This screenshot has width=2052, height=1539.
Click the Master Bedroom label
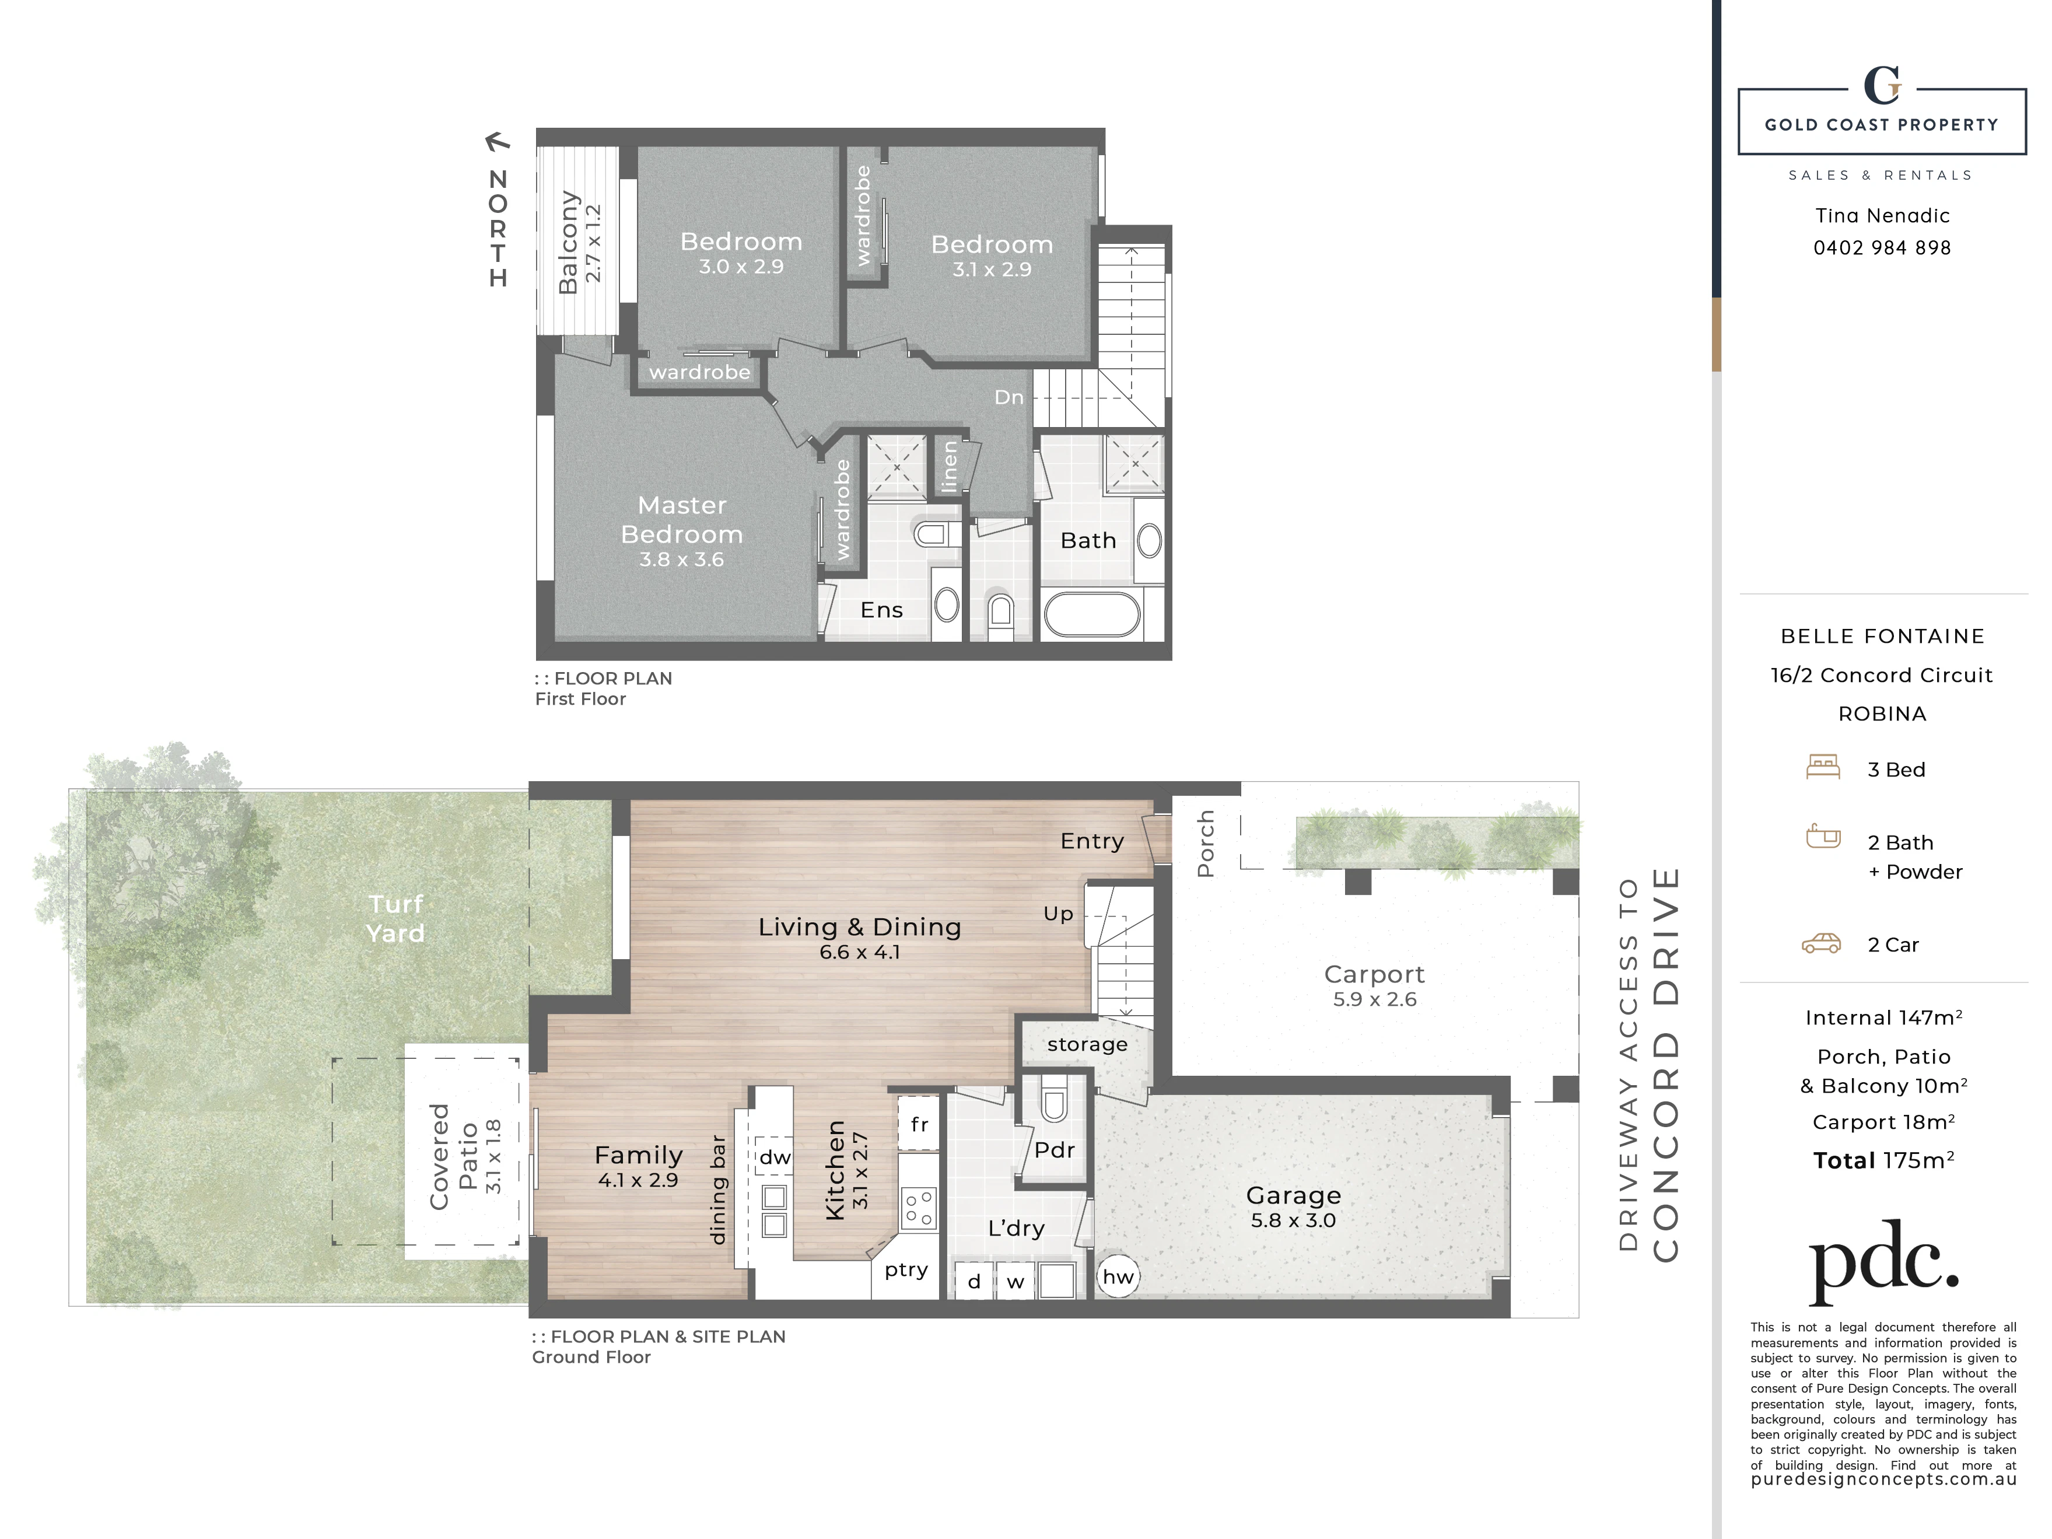coord(682,519)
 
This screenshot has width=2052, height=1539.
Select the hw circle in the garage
coord(1118,1276)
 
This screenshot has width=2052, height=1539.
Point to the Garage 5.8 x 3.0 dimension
coord(1293,1220)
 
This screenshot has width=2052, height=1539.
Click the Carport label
coord(1374,974)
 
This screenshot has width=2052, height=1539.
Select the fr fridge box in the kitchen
coord(919,1124)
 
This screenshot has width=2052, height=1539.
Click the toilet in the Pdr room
coord(1055,1101)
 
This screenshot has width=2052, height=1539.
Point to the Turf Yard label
coord(395,918)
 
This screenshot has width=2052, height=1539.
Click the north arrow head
coord(497,141)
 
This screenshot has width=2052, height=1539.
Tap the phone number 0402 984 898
coord(1882,248)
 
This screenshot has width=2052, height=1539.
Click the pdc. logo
coord(1884,1262)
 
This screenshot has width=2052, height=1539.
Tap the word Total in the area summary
coord(1845,1160)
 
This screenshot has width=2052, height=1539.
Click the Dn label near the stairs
coord(1009,397)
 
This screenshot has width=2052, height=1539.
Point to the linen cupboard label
coord(948,467)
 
